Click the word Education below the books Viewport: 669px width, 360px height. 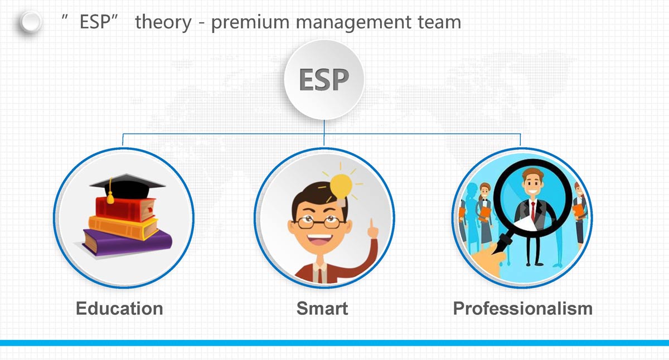[x=119, y=308]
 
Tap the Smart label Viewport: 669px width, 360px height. [x=322, y=308]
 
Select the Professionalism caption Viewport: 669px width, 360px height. [x=523, y=308]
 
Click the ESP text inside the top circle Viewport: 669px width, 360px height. [x=324, y=79]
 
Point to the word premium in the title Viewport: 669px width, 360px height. [x=250, y=23]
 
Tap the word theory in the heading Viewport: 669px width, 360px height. [x=163, y=23]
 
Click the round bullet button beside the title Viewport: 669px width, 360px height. [x=30, y=22]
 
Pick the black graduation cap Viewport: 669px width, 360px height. [x=127, y=186]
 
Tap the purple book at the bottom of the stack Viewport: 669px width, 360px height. [x=127, y=242]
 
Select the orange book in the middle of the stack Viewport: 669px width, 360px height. [x=123, y=227]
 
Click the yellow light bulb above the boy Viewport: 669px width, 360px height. [x=341, y=186]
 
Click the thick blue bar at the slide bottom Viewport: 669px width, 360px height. [x=334, y=343]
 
